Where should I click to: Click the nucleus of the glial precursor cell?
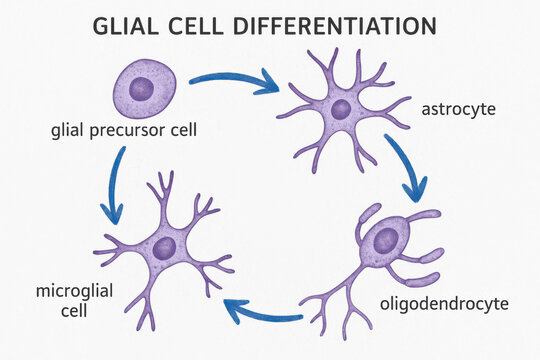coord(143,87)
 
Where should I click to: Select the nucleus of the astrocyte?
coord(341,108)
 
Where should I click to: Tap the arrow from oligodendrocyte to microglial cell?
coord(262,313)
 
